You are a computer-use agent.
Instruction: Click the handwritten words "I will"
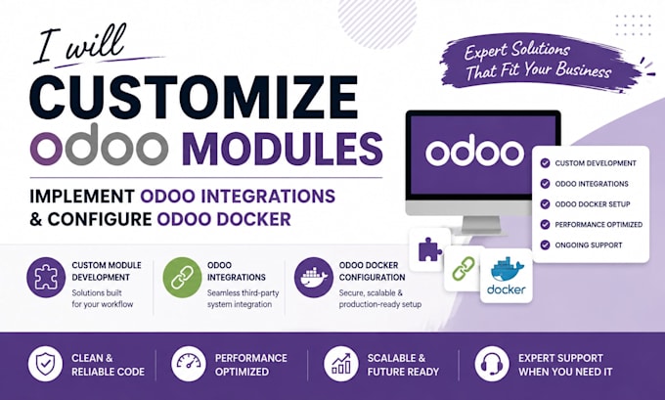78,45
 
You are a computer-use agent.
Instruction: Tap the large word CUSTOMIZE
194,98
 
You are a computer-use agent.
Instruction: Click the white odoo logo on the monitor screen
474,152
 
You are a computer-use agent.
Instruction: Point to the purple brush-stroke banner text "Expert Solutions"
517,51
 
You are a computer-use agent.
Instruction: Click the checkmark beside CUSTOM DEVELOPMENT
545,163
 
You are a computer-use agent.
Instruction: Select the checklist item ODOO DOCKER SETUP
593,204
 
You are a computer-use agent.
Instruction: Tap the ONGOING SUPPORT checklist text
589,244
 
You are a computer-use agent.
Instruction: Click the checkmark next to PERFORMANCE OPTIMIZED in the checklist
545,224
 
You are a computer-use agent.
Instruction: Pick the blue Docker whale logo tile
507,276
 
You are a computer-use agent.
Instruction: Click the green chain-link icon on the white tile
464,269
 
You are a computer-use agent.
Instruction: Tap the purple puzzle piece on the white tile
429,249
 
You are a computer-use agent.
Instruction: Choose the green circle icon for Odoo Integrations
182,278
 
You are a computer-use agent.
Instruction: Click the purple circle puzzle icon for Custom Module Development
46,278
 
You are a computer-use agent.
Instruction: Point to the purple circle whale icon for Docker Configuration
314,278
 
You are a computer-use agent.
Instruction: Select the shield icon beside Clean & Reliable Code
45,364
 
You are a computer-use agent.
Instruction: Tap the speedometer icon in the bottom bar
189,364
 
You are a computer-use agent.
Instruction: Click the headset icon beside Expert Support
492,364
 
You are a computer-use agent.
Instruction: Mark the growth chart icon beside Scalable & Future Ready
341,364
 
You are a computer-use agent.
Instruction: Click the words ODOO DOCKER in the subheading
224,219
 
